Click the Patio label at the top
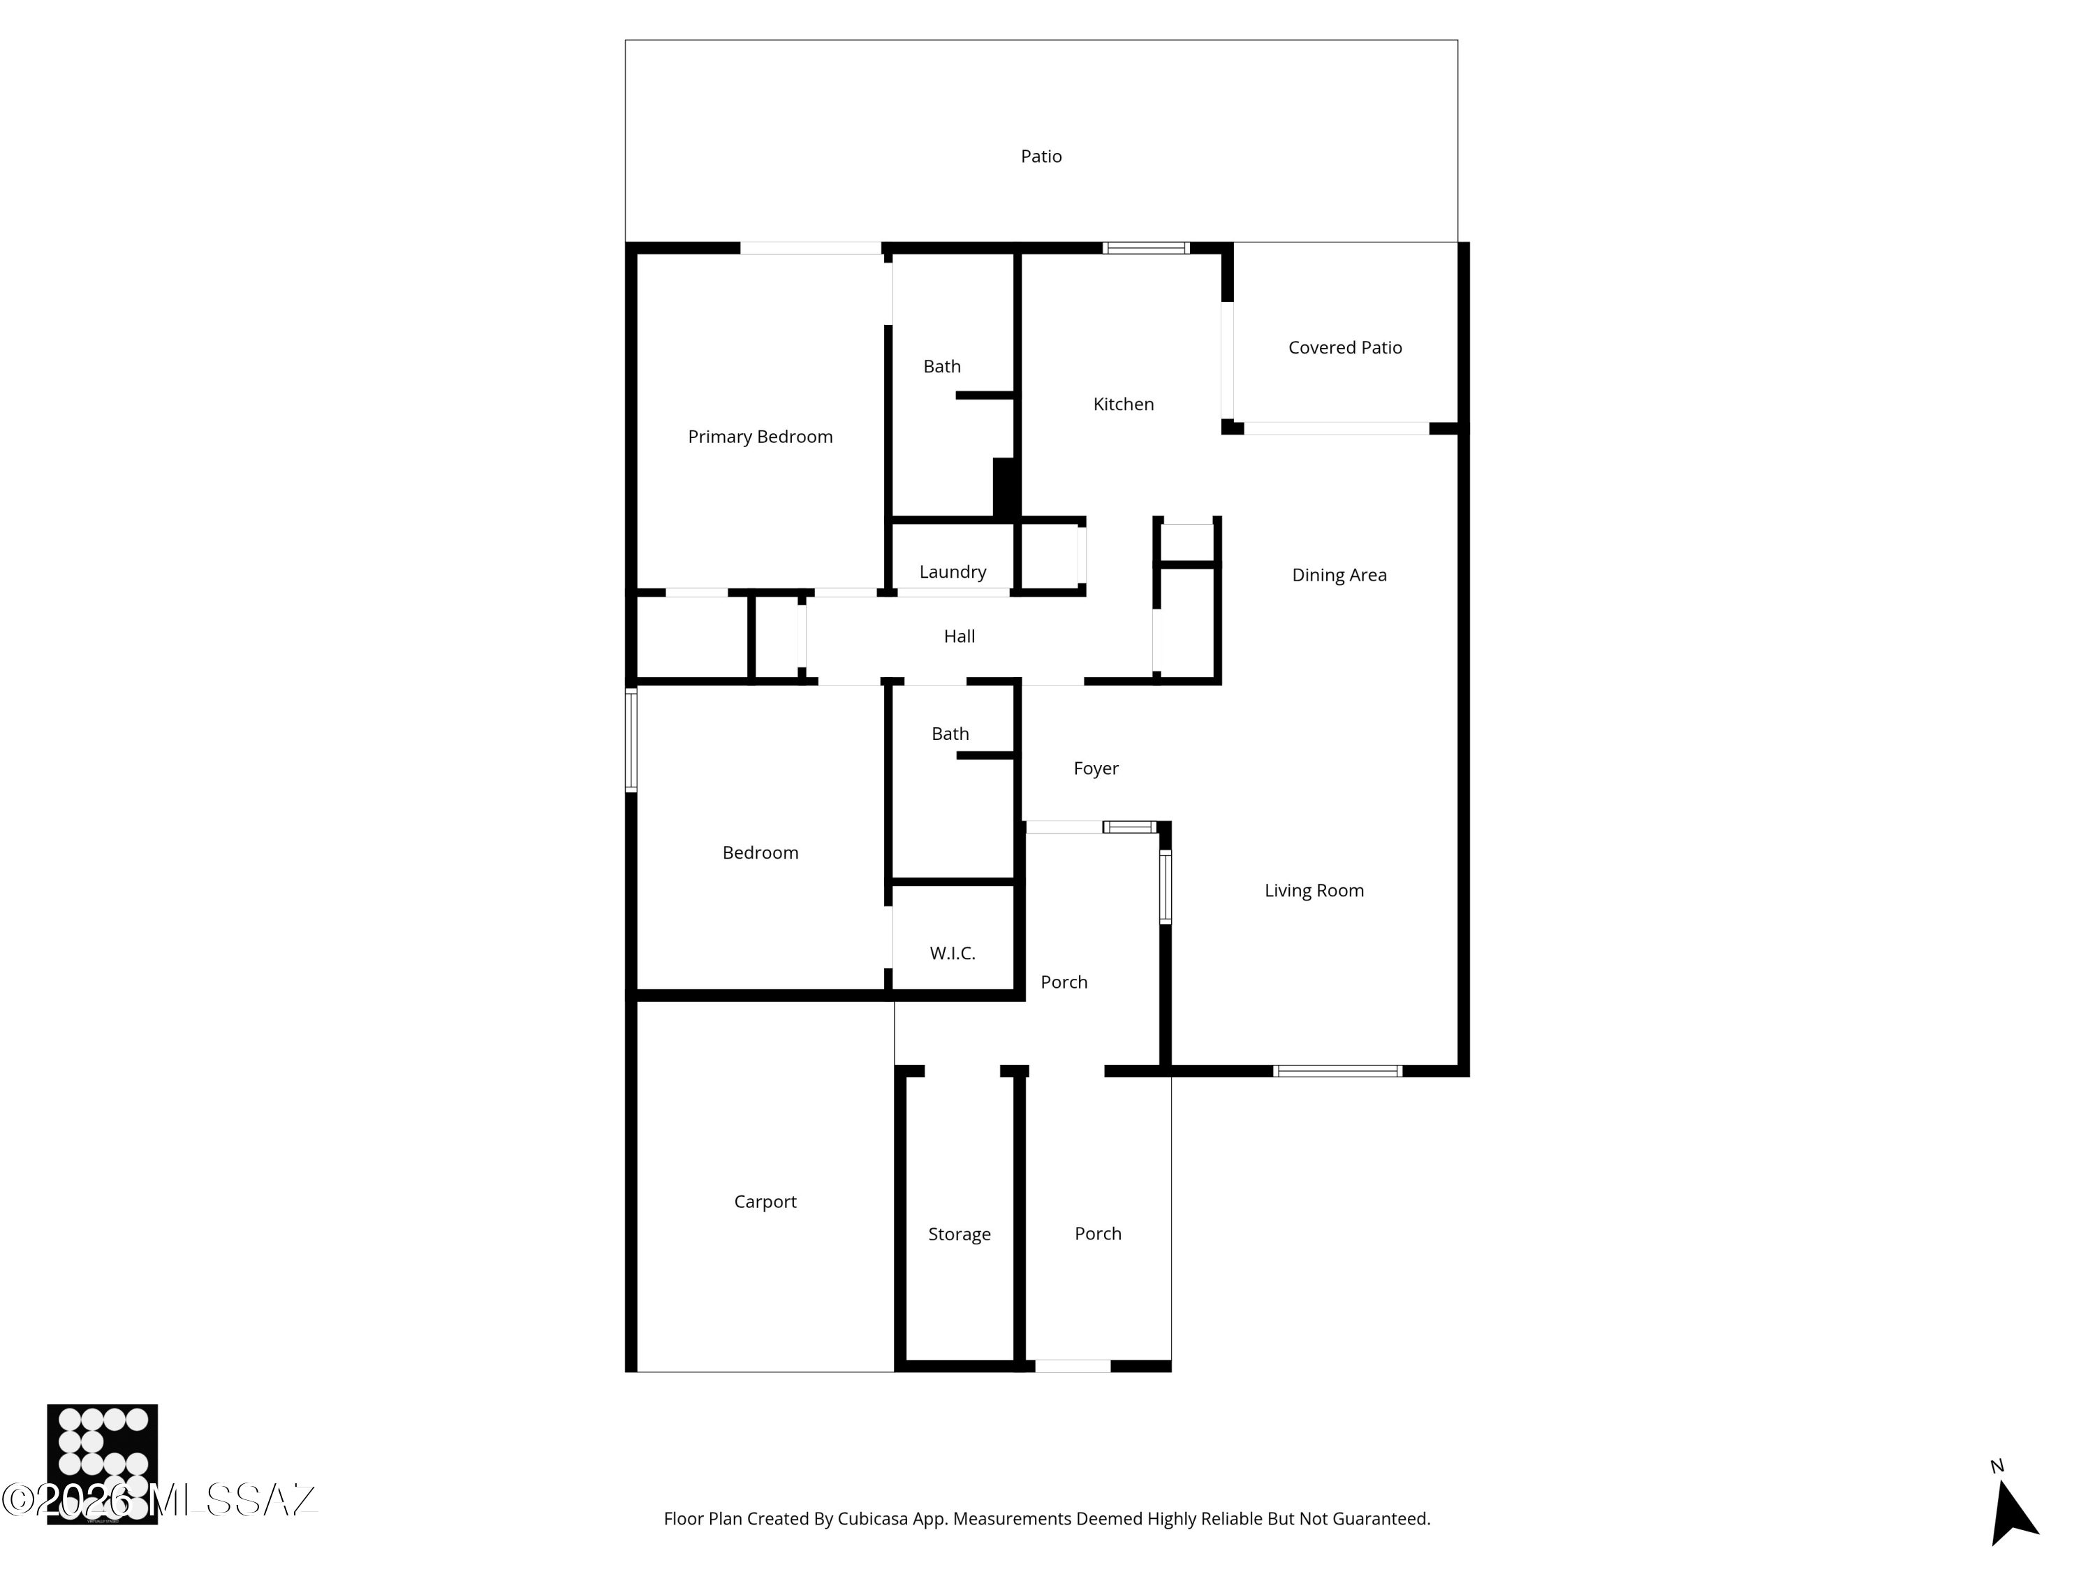pos(1041,157)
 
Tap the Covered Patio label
pos(1345,348)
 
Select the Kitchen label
pos(1123,405)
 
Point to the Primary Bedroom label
pos(760,437)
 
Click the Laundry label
pos(953,572)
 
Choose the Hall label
pos(960,636)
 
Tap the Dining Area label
pos(1339,575)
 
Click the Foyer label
pos(1096,769)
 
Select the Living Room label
pos(1314,891)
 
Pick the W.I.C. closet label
pos(953,953)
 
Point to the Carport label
pos(765,1202)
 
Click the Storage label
pos(960,1235)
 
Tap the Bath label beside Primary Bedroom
pos(942,367)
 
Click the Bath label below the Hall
pos(950,734)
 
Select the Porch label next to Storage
pos(1098,1234)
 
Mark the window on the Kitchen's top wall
pos(1146,248)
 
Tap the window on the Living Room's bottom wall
pos(1337,1072)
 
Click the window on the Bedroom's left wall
pos(631,740)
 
